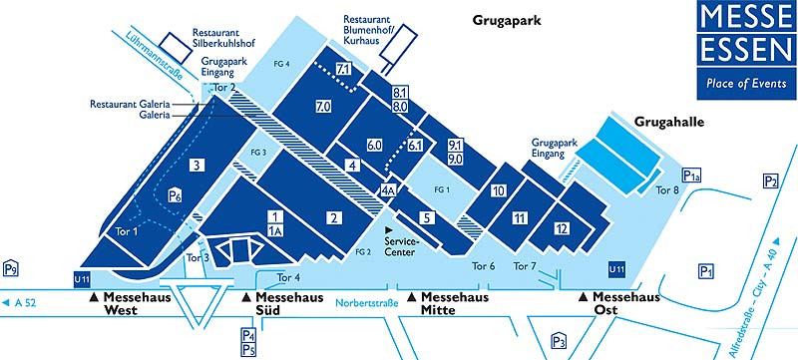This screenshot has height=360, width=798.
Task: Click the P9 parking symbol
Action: coord(12,268)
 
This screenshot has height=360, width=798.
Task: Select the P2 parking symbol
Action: coord(770,180)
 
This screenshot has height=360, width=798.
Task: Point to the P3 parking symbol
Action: coord(560,341)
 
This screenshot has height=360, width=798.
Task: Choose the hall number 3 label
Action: coord(198,166)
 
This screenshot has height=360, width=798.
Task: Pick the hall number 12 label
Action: coord(563,229)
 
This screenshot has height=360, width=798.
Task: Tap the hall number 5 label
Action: coord(426,217)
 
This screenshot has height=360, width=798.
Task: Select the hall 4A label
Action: coord(388,189)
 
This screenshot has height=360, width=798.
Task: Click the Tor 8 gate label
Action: coord(668,190)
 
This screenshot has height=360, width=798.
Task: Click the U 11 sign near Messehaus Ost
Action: coord(618,268)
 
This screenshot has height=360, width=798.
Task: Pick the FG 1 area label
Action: coord(442,188)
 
